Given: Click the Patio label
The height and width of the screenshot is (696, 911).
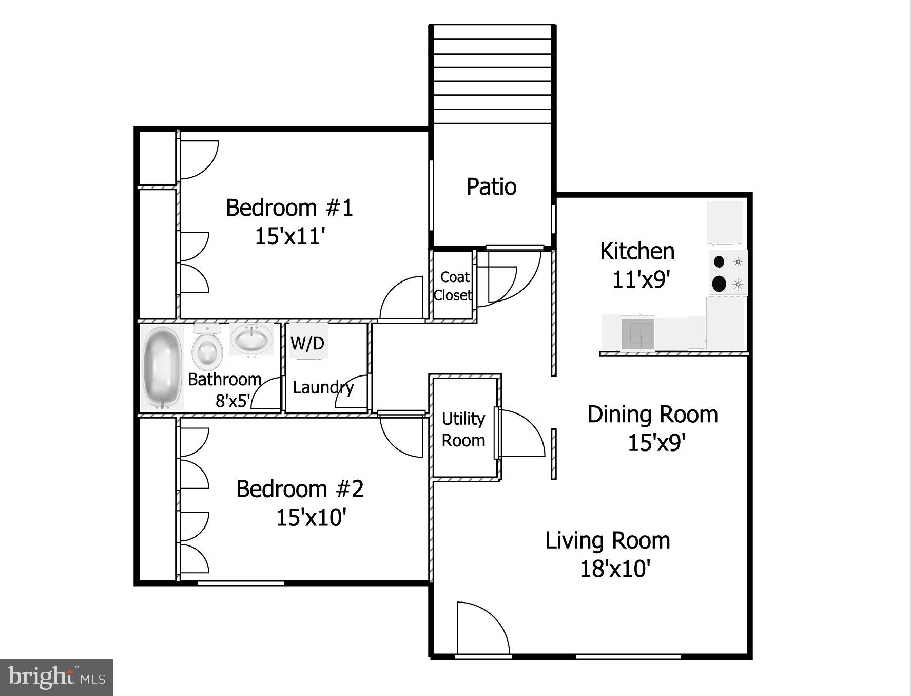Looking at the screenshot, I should pyautogui.click(x=491, y=186).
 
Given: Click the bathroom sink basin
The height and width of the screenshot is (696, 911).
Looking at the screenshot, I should pyautogui.click(x=251, y=339).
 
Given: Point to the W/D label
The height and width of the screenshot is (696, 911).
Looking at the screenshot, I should pyautogui.click(x=307, y=343).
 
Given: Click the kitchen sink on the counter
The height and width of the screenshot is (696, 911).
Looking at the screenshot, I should pyautogui.click(x=638, y=333).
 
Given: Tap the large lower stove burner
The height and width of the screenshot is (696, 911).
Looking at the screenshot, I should pyautogui.click(x=720, y=283).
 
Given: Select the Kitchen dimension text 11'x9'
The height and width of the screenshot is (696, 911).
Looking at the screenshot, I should pyautogui.click(x=642, y=280).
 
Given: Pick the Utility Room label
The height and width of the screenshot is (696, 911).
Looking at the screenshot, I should pyautogui.click(x=463, y=429).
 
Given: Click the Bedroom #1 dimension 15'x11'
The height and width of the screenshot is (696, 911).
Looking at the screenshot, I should pyautogui.click(x=290, y=236).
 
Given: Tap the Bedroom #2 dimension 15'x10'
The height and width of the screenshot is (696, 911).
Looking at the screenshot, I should pyautogui.click(x=311, y=517).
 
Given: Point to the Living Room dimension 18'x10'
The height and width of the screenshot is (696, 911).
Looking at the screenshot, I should pyautogui.click(x=615, y=569).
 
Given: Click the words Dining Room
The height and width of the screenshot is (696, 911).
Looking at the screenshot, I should pyautogui.click(x=652, y=415).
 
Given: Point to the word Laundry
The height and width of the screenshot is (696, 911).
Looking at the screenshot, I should pyautogui.click(x=323, y=387).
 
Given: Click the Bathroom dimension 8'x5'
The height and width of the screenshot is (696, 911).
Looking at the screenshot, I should pyautogui.click(x=232, y=401).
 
